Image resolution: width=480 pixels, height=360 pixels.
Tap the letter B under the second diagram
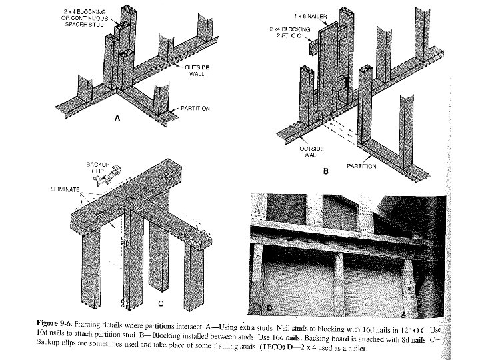325,171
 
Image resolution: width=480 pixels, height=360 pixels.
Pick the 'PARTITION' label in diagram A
196,107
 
